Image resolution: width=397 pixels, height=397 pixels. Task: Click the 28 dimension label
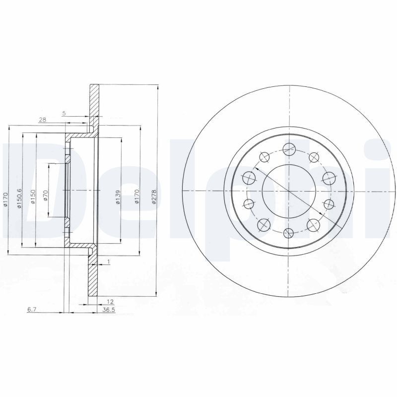coord(43,120)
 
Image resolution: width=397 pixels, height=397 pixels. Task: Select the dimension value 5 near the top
coord(64,114)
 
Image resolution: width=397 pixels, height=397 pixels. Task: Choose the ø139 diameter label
coord(118,198)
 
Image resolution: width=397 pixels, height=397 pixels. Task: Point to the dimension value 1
coord(108,261)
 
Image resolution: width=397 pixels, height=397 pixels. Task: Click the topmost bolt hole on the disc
coord(289,147)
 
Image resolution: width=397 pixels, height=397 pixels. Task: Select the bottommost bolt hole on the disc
coord(289,233)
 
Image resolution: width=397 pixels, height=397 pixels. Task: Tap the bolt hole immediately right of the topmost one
coord(313,157)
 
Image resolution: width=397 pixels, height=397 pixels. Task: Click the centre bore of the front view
coord(289,190)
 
